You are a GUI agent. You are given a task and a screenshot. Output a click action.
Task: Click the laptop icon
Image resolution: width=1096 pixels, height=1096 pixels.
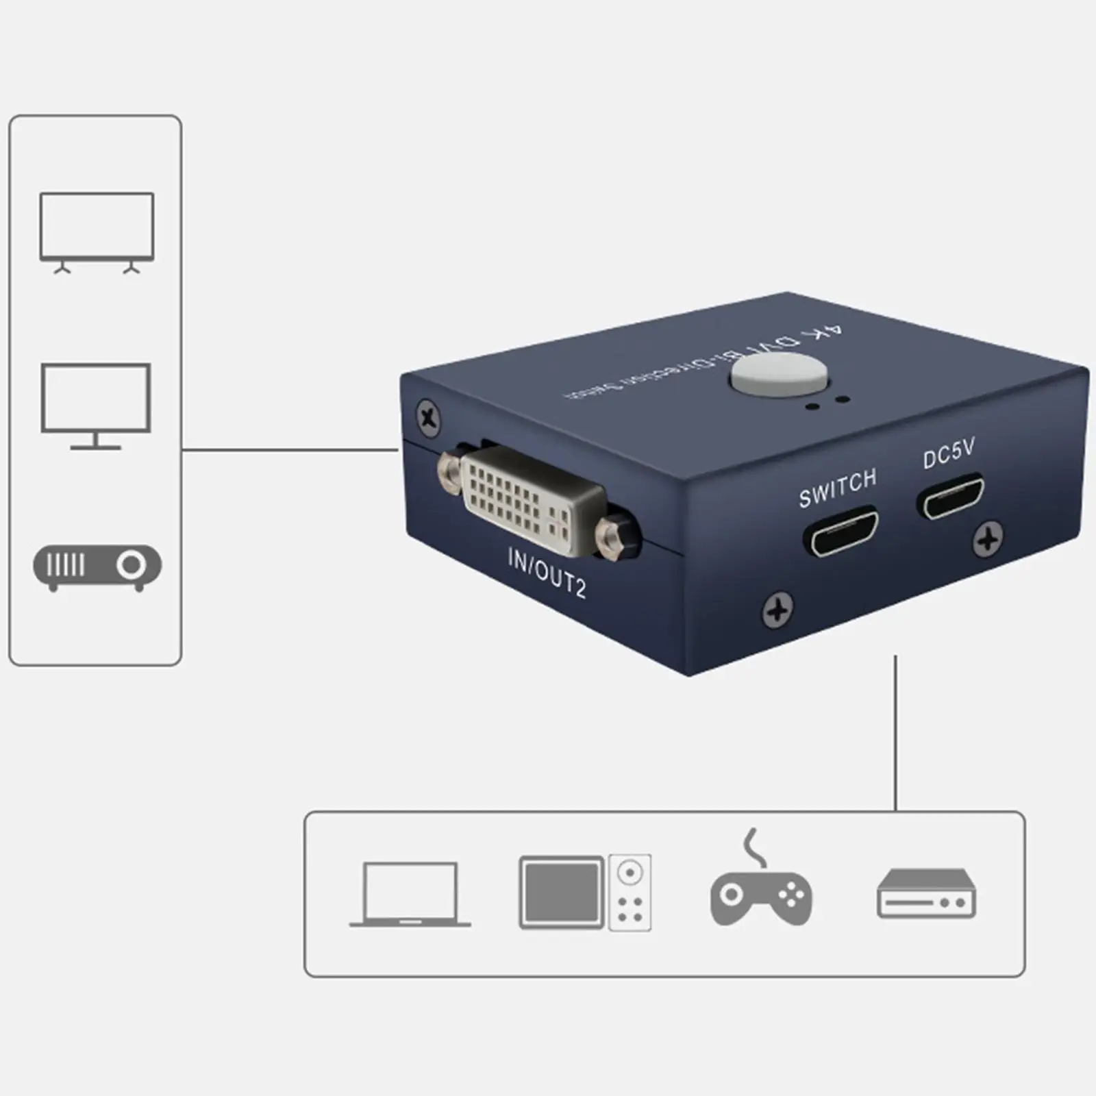click(x=410, y=893)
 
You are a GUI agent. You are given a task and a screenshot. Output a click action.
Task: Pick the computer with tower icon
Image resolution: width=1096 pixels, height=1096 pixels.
click(x=585, y=893)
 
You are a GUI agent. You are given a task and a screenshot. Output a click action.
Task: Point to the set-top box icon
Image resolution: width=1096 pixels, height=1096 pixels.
click(x=926, y=893)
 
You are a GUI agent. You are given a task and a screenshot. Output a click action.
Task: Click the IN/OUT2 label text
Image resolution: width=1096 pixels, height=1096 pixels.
click(x=547, y=573)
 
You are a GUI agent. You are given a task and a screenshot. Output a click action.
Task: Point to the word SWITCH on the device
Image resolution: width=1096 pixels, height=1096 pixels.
click(x=837, y=487)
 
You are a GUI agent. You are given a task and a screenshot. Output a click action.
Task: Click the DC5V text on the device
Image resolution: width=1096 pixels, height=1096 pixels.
click(x=948, y=453)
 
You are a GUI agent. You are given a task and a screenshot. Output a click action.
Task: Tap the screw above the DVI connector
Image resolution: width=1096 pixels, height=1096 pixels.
click(x=429, y=417)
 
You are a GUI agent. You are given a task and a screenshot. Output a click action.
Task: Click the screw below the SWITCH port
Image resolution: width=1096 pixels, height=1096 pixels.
click(x=777, y=609)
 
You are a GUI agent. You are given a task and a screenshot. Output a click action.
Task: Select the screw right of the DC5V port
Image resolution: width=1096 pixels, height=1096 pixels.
click(x=988, y=538)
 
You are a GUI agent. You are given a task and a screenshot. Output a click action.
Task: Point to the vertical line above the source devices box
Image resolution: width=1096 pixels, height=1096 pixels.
click(x=895, y=733)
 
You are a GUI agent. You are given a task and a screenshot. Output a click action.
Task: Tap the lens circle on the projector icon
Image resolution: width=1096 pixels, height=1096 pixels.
click(x=131, y=565)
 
